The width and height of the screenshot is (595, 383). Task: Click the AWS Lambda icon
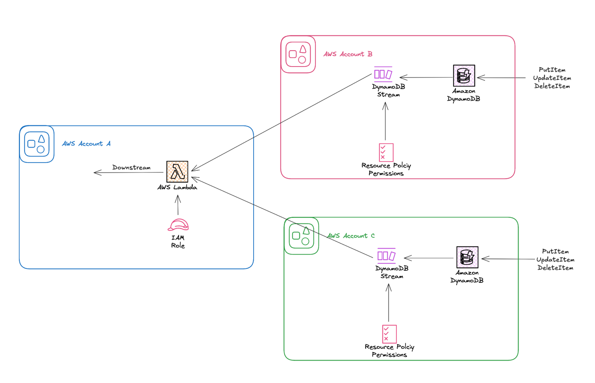pos(177,172)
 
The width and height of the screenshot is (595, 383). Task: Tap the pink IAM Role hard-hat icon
pos(178,225)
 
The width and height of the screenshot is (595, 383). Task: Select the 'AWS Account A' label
pos(86,144)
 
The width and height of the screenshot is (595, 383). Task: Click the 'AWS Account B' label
pos(348,54)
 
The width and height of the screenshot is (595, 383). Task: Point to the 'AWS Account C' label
pos(351,236)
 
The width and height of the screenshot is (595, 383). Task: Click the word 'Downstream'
pos(131,167)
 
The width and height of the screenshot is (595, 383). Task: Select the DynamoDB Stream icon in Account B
pos(383,74)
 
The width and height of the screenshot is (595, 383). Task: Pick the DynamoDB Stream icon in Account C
pos(386,256)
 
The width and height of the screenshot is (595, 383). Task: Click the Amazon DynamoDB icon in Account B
pos(464,76)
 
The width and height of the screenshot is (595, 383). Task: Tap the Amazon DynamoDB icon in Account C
pos(467,257)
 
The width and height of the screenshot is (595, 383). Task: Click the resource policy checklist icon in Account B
pos(386,152)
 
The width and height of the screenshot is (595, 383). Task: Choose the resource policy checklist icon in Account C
pos(389,334)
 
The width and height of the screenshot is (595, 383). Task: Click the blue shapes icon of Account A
pos(37,144)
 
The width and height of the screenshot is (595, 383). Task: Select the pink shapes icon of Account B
pos(298,54)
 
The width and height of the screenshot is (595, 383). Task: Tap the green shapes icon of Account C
pos(301,236)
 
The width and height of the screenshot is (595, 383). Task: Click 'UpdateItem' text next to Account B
pos(552,78)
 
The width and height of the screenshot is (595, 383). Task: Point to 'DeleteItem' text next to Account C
pos(555,268)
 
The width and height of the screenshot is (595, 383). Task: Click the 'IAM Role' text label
pos(178,242)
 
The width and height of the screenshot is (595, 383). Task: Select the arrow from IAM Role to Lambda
pos(178,205)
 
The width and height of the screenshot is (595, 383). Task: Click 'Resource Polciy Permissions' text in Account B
pos(386,169)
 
